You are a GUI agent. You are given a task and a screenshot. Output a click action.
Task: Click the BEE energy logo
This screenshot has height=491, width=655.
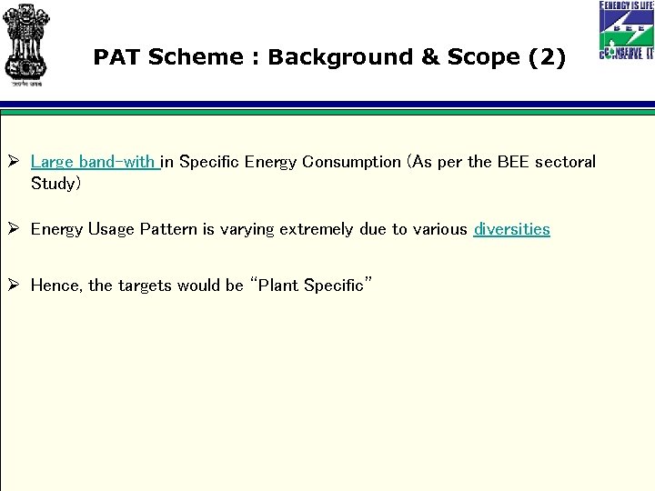[x=626, y=31]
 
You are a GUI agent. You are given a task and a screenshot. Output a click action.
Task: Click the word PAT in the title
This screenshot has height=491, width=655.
[x=117, y=57]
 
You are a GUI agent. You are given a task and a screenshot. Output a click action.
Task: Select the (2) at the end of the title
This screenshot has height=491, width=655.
[x=546, y=57]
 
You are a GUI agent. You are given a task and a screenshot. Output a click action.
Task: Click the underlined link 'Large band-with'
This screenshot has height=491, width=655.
[x=94, y=162]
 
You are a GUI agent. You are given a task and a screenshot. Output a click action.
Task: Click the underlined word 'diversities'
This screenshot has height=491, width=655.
[x=511, y=229]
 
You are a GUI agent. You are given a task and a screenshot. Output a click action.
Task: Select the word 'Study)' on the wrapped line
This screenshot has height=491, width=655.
[x=55, y=184]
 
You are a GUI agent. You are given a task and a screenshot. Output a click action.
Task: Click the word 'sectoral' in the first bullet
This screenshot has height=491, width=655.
[x=565, y=162]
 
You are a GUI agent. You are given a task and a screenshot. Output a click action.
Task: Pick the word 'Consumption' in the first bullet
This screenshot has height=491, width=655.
[x=351, y=162]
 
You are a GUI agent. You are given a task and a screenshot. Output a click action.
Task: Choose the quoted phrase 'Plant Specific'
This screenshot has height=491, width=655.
[x=313, y=286]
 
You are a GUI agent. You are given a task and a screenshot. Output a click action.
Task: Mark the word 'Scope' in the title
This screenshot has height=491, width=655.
[x=483, y=57]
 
